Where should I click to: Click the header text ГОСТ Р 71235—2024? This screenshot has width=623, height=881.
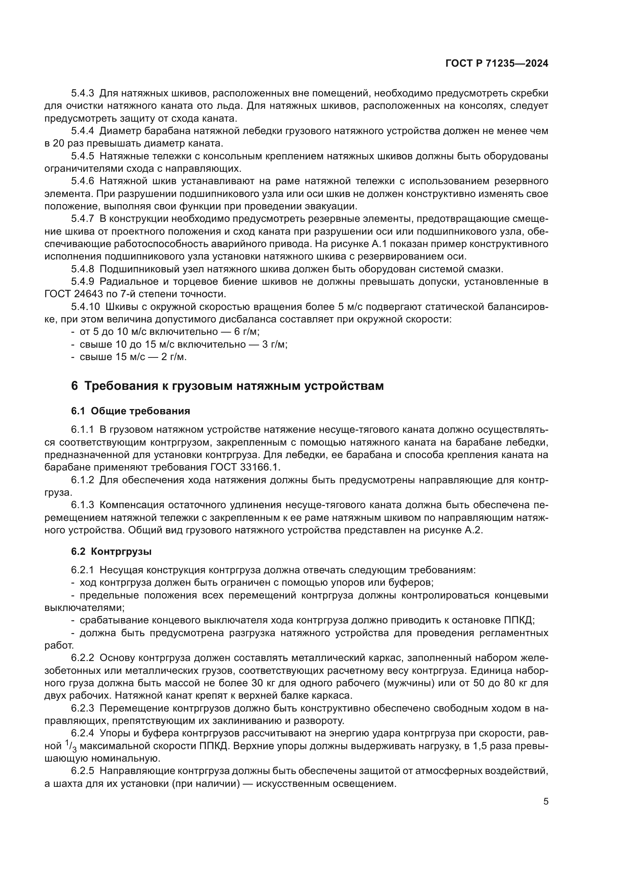pos(496,64)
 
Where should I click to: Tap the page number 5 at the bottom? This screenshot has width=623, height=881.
pos(545,801)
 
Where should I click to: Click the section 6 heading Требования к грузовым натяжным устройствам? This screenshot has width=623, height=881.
pos(227,386)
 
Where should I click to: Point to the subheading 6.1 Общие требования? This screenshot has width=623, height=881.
pos(130,411)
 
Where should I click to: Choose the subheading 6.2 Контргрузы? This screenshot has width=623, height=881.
pos(111,552)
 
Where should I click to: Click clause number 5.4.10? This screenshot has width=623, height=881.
pos(85,307)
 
